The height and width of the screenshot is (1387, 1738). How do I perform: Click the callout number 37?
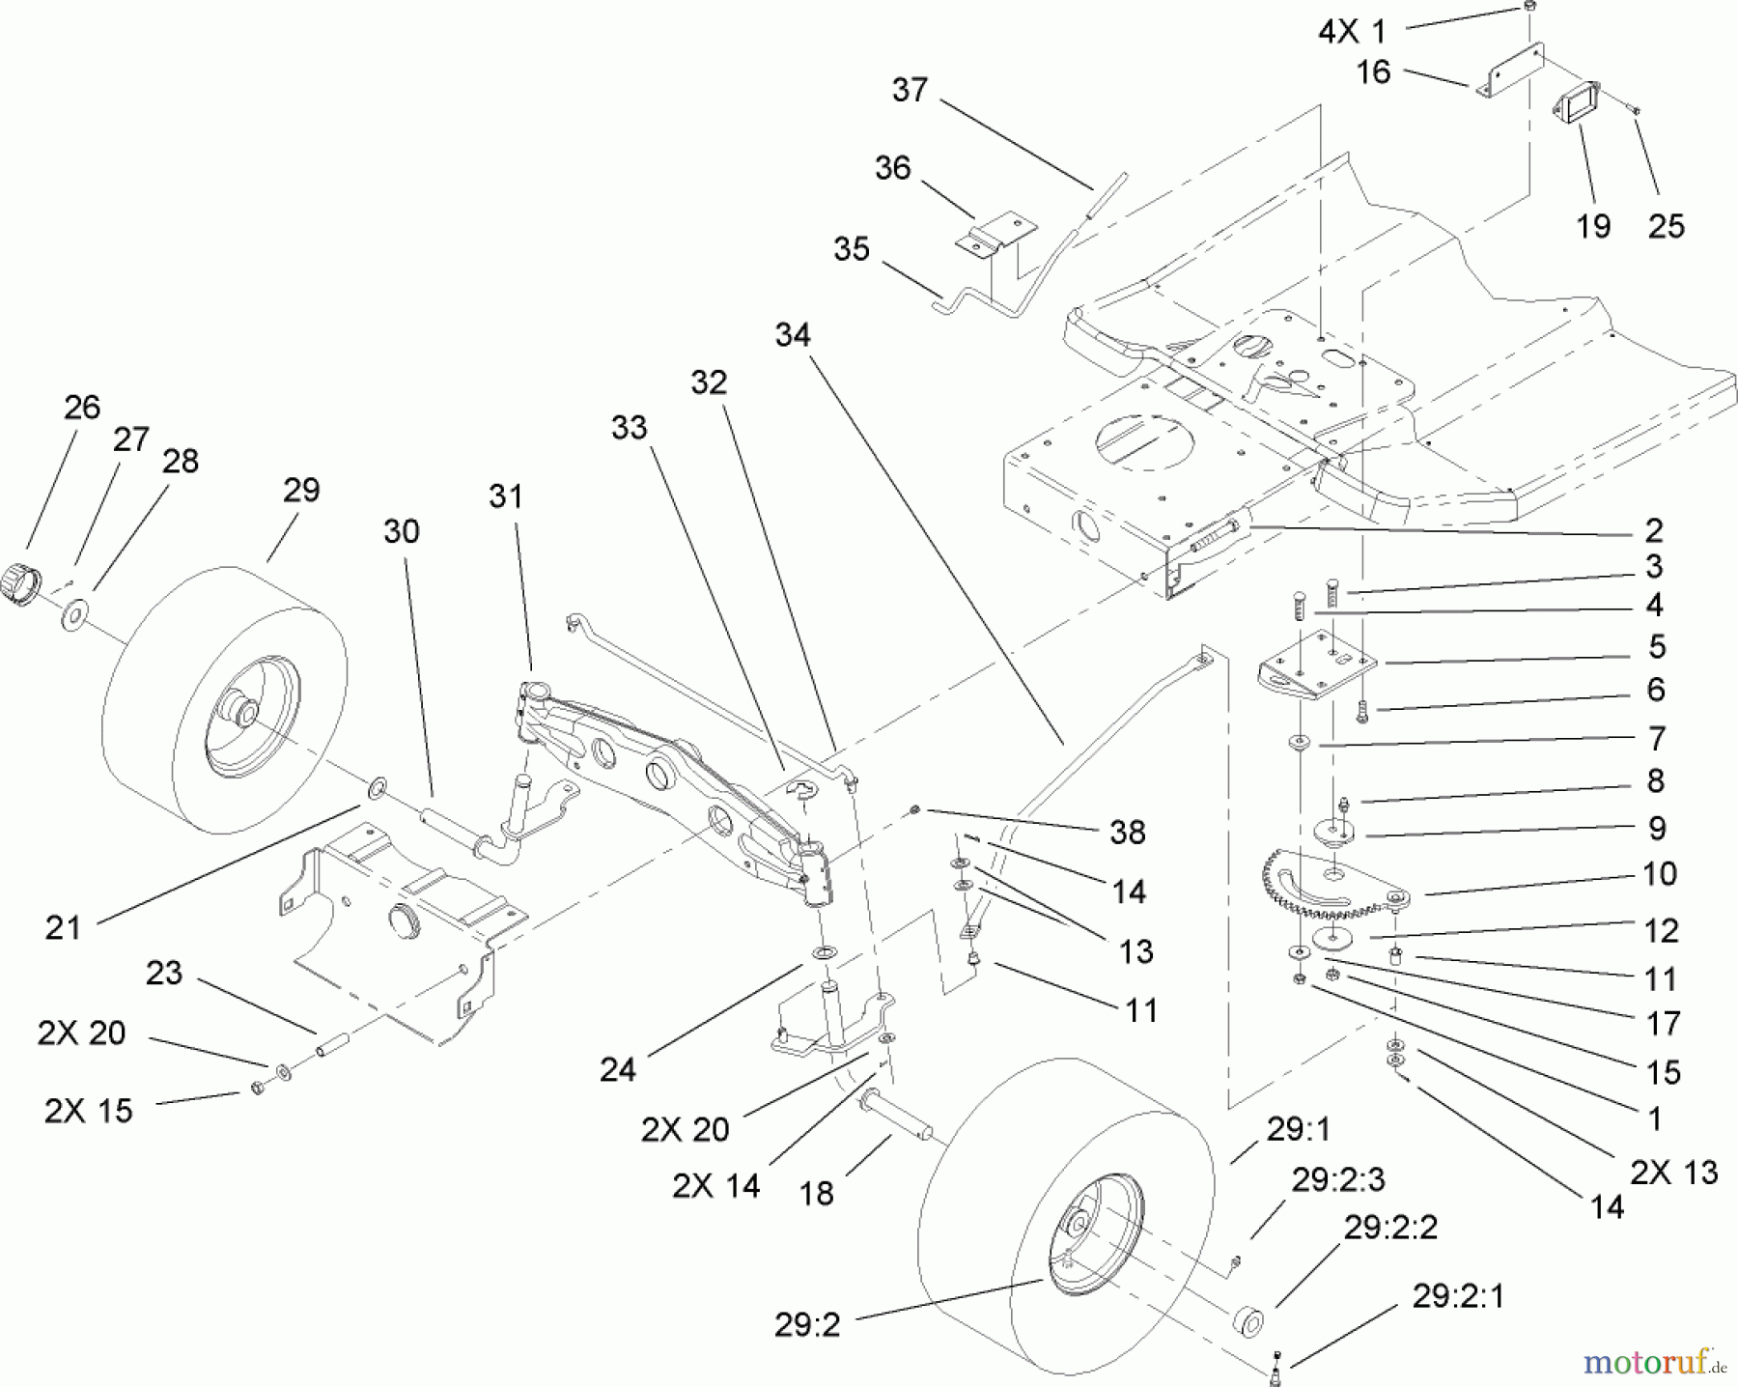[x=910, y=90]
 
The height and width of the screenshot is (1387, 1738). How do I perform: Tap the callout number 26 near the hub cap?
[x=82, y=407]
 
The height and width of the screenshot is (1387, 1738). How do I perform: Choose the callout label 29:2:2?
[x=1391, y=1227]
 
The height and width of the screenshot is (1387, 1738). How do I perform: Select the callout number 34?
[x=793, y=335]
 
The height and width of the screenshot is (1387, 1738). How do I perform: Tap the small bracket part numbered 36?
[x=985, y=238]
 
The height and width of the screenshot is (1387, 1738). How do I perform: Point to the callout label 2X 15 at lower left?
[x=88, y=1111]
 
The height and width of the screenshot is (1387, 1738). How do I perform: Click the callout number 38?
[x=1127, y=832]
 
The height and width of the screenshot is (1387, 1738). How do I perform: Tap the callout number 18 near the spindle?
[x=817, y=1194]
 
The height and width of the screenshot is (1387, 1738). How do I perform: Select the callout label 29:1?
[x=1297, y=1128]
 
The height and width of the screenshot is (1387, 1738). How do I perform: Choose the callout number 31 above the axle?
[x=505, y=496]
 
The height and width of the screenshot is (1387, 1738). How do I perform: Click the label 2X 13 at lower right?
[x=1673, y=1172]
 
